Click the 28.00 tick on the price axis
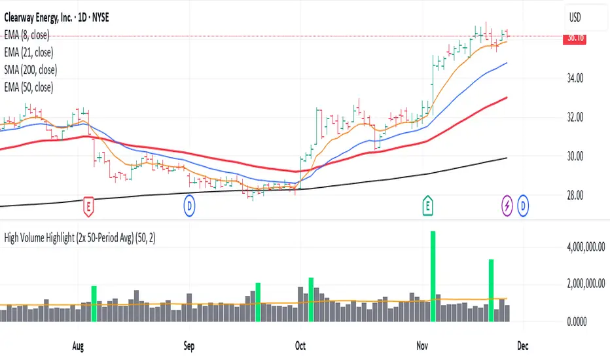pos(576,195)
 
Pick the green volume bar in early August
pos(94,304)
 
